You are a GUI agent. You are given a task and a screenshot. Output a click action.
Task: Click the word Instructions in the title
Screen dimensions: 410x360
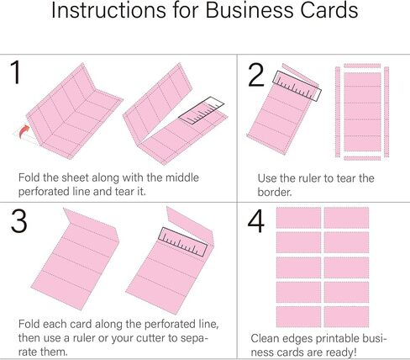click(x=108, y=10)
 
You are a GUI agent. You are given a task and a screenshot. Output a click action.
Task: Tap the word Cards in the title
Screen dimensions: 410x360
click(x=329, y=10)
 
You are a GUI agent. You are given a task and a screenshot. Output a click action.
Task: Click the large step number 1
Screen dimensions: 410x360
click(x=16, y=72)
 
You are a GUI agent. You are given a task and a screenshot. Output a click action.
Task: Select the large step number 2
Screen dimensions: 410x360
click(x=256, y=75)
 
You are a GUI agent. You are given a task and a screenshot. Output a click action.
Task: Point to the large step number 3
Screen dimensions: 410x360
click(x=19, y=220)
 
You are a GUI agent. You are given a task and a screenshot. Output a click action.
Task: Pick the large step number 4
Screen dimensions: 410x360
click(x=256, y=220)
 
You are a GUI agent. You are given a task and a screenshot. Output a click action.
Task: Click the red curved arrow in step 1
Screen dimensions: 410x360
click(x=24, y=132)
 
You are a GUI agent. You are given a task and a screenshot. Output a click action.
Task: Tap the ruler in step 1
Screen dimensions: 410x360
click(x=202, y=111)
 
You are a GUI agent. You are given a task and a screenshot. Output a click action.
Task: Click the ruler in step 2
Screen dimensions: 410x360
click(x=297, y=86)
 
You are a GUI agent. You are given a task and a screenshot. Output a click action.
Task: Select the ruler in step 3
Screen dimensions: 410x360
click(x=183, y=242)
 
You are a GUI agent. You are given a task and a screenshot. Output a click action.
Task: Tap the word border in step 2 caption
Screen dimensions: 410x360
click(x=274, y=192)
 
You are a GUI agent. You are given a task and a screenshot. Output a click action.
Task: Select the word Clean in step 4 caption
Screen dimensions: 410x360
click(x=265, y=338)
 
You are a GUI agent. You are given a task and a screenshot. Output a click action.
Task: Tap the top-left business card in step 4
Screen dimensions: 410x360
click(x=298, y=218)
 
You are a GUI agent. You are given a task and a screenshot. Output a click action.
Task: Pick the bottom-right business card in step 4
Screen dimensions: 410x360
click(x=346, y=316)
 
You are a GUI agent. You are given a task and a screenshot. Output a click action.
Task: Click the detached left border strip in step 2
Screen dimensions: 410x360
click(x=338, y=112)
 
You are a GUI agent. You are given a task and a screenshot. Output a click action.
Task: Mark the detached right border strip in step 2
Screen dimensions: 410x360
click(x=386, y=112)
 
